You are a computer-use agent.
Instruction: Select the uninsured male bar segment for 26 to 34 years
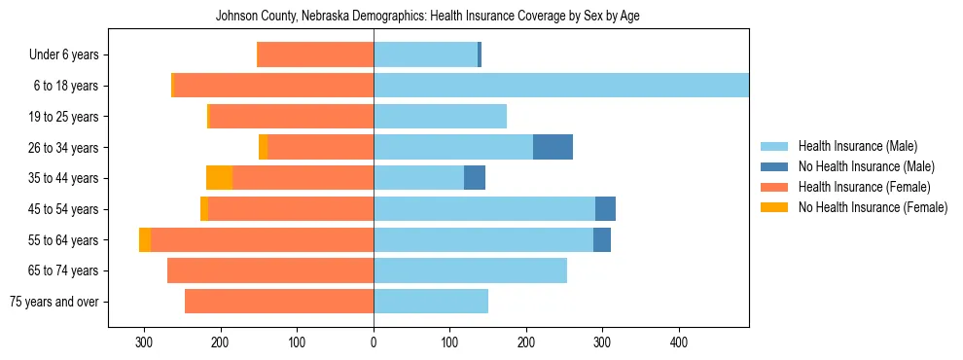pyautogui.click(x=553, y=147)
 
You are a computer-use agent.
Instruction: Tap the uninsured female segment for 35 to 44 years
pyautogui.click(x=220, y=178)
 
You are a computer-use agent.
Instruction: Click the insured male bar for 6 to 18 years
pyautogui.click(x=560, y=86)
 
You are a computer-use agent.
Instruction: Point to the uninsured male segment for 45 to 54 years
pyautogui.click(x=605, y=209)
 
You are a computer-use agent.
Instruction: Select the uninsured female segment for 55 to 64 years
pyautogui.click(x=145, y=240)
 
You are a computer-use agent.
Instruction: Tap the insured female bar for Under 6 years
pyautogui.click(x=315, y=54)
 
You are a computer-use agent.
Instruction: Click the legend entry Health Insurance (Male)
pyautogui.click(x=857, y=146)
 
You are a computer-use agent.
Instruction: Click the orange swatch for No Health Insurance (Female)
pyautogui.click(x=774, y=207)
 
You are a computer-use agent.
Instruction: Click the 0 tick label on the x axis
pyautogui.click(x=374, y=342)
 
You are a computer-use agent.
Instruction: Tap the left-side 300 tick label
pyautogui.click(x=144, y=342)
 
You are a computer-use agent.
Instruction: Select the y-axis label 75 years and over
pyautogui.click(x=54, y=302)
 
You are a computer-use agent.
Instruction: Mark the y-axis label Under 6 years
pyautogui.click(x=63, y=55)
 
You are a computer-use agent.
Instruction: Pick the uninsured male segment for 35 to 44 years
pyautogui.click(x=475, y=178)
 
